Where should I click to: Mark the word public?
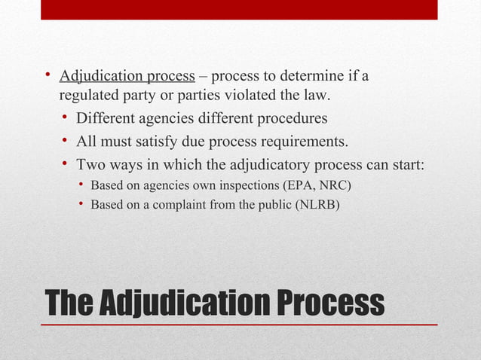271,203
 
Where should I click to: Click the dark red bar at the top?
239,10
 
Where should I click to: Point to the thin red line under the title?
239,325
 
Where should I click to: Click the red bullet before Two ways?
66,163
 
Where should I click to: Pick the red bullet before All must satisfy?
66,141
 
